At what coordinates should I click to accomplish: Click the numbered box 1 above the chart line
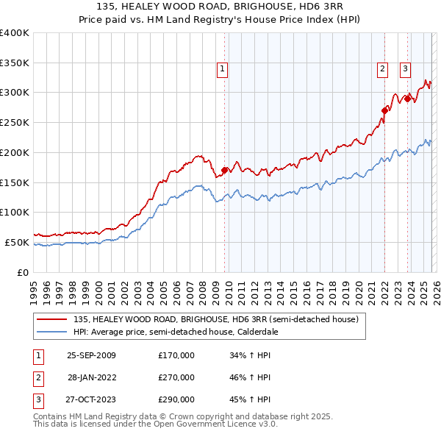click(222, 70)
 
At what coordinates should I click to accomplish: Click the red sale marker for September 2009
click(224, 170)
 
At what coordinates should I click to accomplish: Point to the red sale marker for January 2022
click(384, 110)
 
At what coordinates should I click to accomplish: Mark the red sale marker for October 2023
click(407, 99)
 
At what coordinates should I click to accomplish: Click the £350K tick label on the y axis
click(15, 63)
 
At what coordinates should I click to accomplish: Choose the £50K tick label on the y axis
click(17, 242)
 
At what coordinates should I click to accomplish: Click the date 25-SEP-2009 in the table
click(91, 355)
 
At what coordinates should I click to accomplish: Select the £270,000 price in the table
click(176, 377)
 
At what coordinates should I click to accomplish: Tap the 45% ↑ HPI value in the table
click(251, 399)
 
